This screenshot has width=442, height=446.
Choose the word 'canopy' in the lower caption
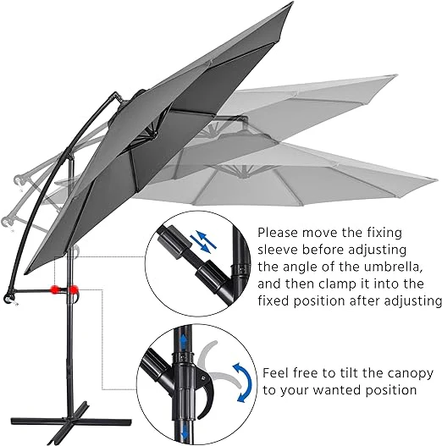point(407,373)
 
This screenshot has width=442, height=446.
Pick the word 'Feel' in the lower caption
point(278,373)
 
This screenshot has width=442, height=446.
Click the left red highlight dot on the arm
point(54,289)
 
